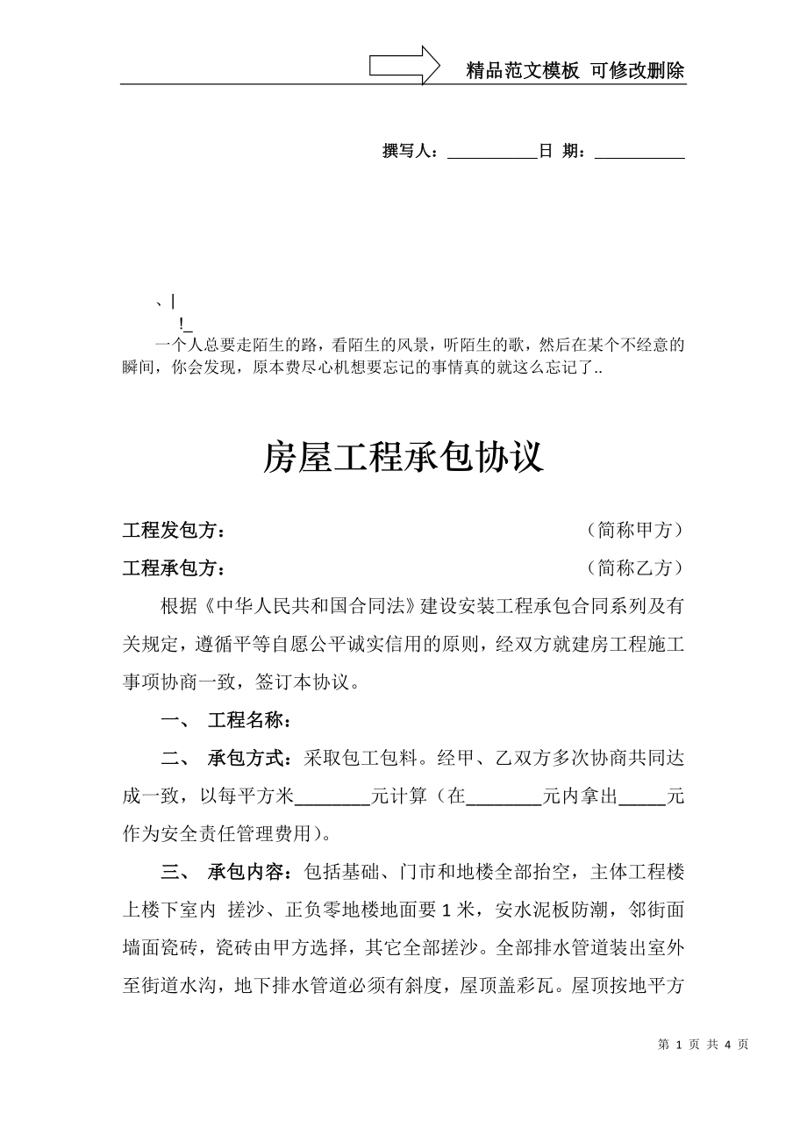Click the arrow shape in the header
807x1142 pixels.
[404, 66]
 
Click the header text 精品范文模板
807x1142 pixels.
[522, 72]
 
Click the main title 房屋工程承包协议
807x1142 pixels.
[403, 458]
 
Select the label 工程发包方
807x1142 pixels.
[173, 531]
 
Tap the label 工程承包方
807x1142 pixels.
[173, 568]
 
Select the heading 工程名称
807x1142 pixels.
[249, 721]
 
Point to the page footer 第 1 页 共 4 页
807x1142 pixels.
[703, 1045]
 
